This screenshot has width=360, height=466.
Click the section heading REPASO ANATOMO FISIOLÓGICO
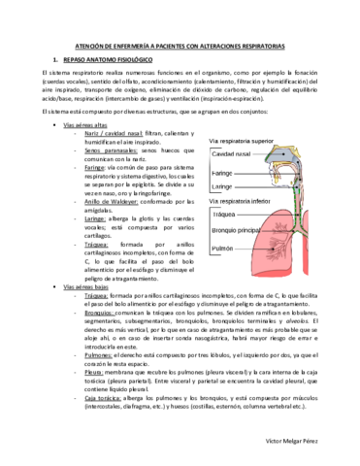88,59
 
